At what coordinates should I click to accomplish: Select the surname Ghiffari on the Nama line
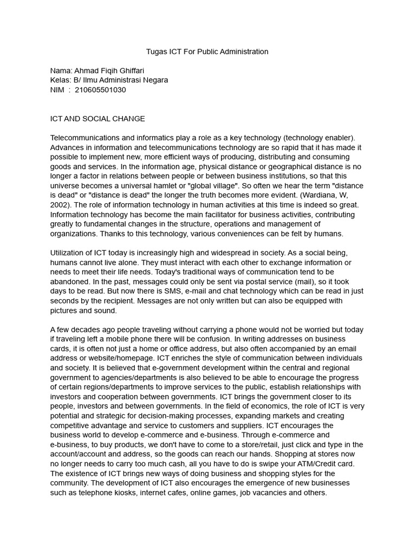point(131,70)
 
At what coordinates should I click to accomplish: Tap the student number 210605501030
point(101,90)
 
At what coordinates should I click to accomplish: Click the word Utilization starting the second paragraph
point(69,253)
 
